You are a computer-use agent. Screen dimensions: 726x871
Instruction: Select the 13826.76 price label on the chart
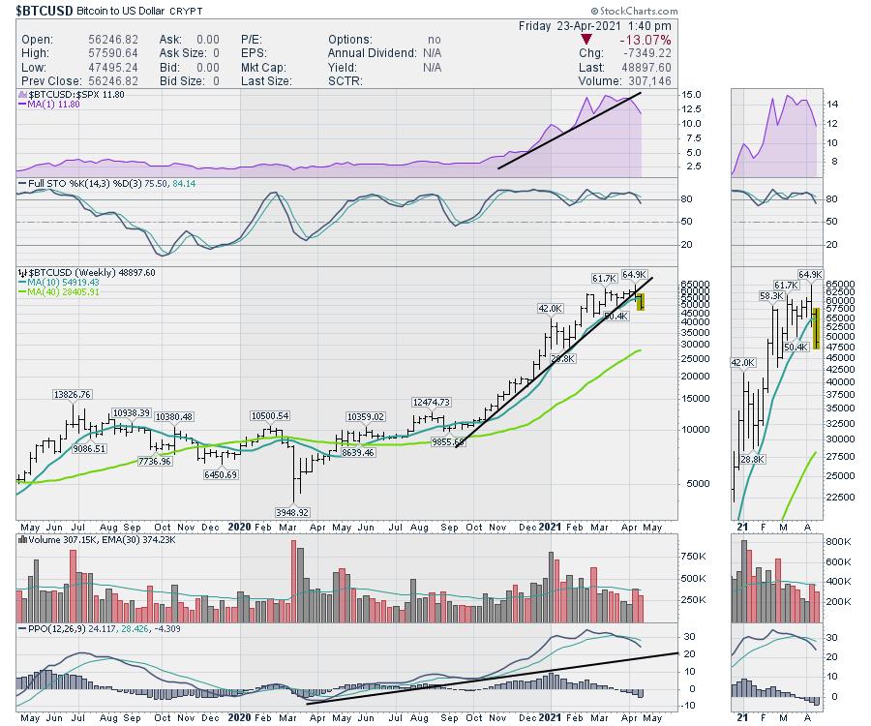pyautogui.click(x=73, y=395)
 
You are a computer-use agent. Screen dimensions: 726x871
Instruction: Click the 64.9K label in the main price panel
pyautogui.click(x=633, y=274)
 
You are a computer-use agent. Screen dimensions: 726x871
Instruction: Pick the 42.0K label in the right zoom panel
pyautogui.click(x=742, y=362)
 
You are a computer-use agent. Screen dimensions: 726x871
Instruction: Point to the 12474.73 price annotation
pyautogui.click(x=433, y=402)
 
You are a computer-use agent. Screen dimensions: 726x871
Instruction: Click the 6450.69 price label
pyautogui.click(x=220, y=476)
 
